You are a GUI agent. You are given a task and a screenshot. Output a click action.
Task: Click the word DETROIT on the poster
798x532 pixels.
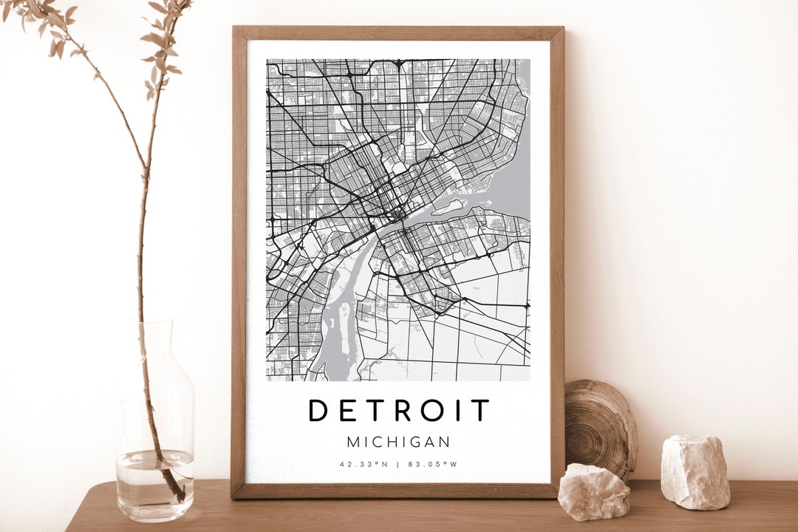[x=399, y=410]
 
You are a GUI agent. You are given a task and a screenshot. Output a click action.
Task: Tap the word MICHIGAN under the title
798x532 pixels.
[x=399, y=442]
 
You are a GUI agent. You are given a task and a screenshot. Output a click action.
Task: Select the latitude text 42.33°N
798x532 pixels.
[x=364, y=465]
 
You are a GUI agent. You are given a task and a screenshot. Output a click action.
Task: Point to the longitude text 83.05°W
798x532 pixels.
[x=434, y=465]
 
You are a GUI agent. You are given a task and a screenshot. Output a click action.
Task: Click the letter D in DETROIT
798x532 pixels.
[x=318, y=410]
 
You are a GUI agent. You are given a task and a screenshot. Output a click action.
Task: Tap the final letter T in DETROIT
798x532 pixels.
[x=480, y=410]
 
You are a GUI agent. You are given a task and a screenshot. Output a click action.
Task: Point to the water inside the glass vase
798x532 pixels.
[x=155, y=484]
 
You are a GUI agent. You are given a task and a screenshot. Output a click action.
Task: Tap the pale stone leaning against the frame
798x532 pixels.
[x=593, y=491]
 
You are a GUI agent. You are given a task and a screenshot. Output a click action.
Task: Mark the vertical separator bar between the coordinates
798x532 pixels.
[x=399, y=465]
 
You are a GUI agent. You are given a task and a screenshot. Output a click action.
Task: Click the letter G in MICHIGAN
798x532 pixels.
[x=417, y=442]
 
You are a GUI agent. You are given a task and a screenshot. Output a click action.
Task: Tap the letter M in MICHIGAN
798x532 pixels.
[x=352, y=442]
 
